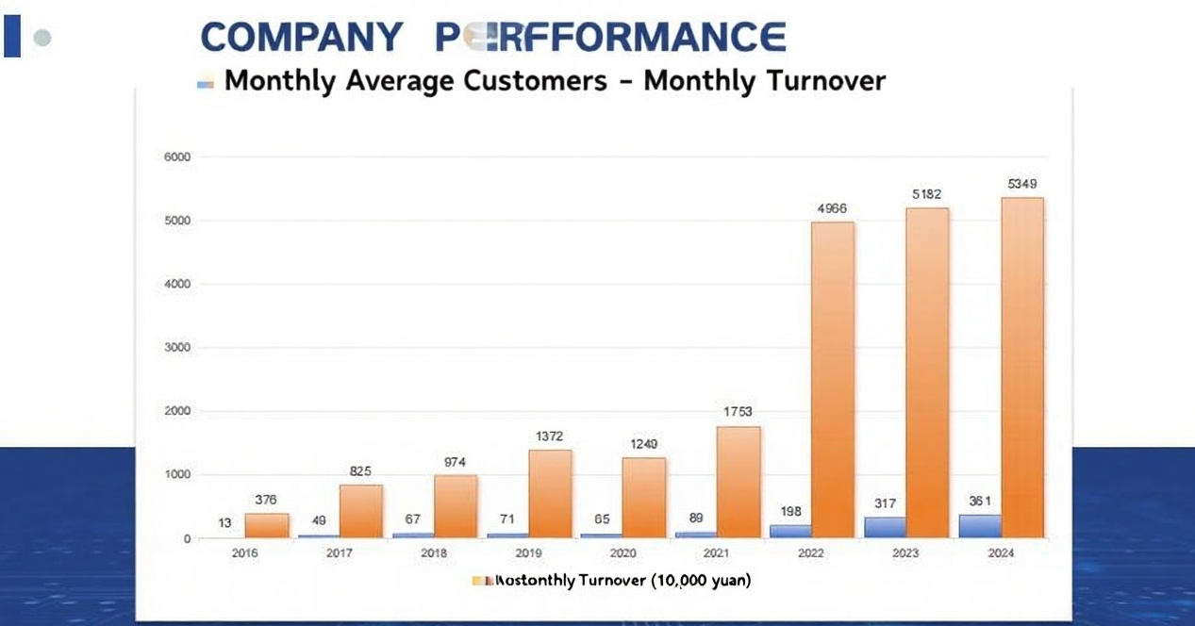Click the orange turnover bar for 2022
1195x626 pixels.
833,380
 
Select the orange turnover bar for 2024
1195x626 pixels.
1021,368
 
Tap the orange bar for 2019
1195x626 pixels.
550,494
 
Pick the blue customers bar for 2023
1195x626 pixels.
885,527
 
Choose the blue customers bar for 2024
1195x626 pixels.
980,526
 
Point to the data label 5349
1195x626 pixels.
1022,184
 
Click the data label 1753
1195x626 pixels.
739,412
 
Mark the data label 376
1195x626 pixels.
266,500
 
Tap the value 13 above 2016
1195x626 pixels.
224,523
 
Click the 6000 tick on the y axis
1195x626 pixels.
177,157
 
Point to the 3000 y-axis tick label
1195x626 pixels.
177,348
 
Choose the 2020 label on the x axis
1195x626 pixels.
622,553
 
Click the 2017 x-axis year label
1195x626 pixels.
340,553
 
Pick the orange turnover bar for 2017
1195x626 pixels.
361,511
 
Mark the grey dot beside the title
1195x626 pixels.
41,39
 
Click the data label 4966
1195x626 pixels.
833,208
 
